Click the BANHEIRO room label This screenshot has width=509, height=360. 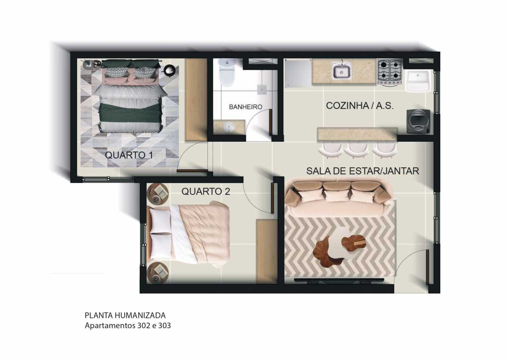click(246, 107)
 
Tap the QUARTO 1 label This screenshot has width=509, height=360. click(129, 155)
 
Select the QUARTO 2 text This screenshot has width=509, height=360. click(206, 191)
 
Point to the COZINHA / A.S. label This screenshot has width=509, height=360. click(360, 106)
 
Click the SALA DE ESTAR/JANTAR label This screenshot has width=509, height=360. click(363, 171)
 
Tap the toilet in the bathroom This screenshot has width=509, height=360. click(227, 72)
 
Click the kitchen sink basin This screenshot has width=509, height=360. click(341, 71)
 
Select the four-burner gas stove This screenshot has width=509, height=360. click(390, 71)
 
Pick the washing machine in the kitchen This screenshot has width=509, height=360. click(418, 122)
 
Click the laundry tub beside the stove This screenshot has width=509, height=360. click(418, 81)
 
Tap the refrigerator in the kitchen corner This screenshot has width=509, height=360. click(298, 73)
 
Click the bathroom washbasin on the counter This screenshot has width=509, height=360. click(228, 126)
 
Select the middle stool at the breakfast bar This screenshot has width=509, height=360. click(357, 150)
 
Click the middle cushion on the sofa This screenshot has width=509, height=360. click(336, 196)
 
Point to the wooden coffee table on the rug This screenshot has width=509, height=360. click(339, 248)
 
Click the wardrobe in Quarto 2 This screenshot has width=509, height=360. click(267, 251)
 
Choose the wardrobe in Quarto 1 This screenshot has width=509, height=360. click(196, 100)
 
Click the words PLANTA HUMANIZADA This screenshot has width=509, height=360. click(125, 315)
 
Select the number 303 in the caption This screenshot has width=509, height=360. click(165, 326)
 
